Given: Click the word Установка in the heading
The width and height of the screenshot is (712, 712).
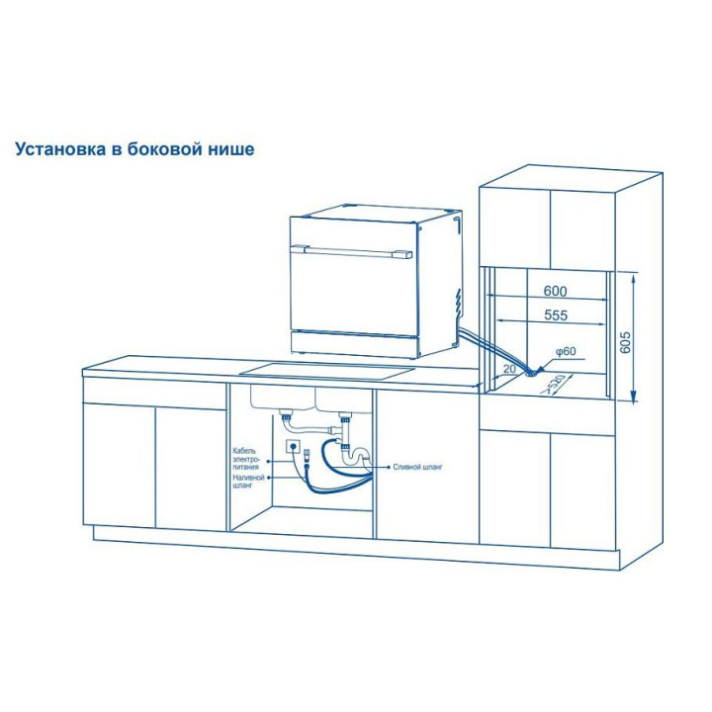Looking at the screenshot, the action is [x=61, y=148].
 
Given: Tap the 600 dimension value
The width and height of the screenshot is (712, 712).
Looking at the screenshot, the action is [x=555, y=291].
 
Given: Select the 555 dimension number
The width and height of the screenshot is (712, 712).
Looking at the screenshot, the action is [x=556, y=314].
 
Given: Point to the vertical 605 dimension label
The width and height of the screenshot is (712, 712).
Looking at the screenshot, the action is [x=625, y=343].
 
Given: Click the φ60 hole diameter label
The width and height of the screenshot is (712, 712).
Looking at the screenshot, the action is [x=566, y=351].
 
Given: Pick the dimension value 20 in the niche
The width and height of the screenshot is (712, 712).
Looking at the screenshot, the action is [x=510, y=368].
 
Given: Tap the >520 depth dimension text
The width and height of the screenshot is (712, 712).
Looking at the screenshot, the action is [x=555, y=384].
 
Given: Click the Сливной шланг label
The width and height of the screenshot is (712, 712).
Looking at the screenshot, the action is [x=417, y=467].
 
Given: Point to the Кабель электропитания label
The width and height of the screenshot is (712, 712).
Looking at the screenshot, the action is [x=245, y=459].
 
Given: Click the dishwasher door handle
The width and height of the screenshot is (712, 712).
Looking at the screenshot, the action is [x=352, y=251].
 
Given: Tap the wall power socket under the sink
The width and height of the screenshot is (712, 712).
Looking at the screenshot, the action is [x=293, y=447].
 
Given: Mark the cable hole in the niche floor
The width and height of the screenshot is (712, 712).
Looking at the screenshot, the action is [x=529, y=374].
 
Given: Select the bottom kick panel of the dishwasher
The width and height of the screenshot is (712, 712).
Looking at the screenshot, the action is [x=354, y=342].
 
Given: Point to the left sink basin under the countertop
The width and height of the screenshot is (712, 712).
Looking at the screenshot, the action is [x=282, y=398].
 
